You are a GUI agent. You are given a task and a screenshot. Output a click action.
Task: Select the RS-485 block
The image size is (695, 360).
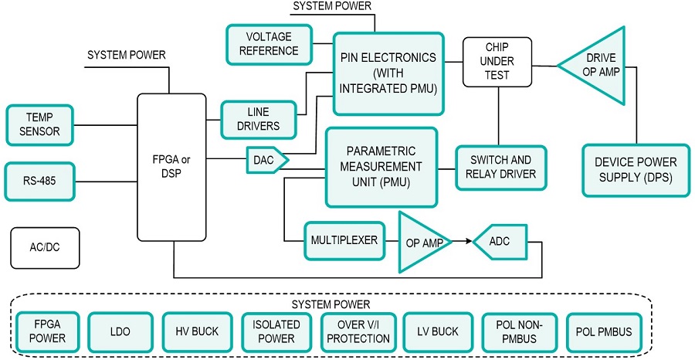[39, 182]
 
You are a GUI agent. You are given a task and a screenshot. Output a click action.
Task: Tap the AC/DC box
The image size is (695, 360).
[45, 247]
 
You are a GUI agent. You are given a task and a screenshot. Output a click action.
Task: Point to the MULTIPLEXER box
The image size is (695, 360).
[344, 240]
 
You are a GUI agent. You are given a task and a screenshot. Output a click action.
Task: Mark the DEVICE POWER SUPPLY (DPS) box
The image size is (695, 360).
[636, 169]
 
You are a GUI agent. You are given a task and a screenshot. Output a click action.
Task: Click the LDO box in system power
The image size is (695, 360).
[120, 332]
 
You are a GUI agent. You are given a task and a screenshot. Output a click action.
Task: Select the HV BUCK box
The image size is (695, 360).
[196, 332]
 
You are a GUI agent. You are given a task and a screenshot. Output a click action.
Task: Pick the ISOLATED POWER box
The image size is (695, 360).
[276, 332]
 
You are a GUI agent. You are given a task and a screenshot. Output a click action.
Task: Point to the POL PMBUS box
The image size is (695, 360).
[603, 332]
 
